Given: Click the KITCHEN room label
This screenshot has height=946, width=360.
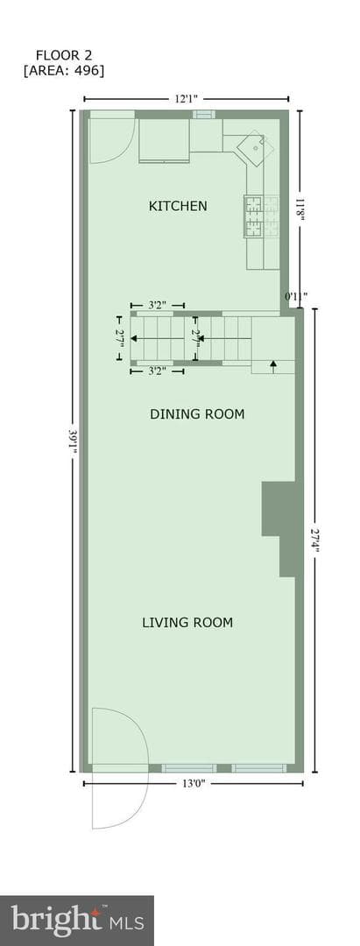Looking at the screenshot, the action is tap(178, 206).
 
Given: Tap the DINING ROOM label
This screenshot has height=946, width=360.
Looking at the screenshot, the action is tap(197, 413).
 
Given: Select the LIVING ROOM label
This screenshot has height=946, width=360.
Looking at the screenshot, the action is tap(187, 622).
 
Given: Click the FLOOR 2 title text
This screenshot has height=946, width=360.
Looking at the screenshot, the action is tap(63, 54).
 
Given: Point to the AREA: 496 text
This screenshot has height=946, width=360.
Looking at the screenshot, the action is tap(63, 71).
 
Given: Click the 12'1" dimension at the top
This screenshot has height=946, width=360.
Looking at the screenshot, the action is tap(187, 99).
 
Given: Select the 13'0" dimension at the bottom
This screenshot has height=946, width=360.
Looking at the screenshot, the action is tap(193, 783).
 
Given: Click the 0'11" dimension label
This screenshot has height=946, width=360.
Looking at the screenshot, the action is tap(296, 296).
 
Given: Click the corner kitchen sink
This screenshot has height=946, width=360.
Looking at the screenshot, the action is tap(255, 149).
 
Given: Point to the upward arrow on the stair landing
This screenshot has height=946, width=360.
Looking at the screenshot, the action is tap(272, 366).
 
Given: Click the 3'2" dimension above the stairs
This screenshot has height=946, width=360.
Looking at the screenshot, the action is tap(158, 306).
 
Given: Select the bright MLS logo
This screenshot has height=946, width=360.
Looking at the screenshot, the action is tap(77, 921).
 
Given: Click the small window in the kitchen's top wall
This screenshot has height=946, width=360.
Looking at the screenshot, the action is tap(204, 114).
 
